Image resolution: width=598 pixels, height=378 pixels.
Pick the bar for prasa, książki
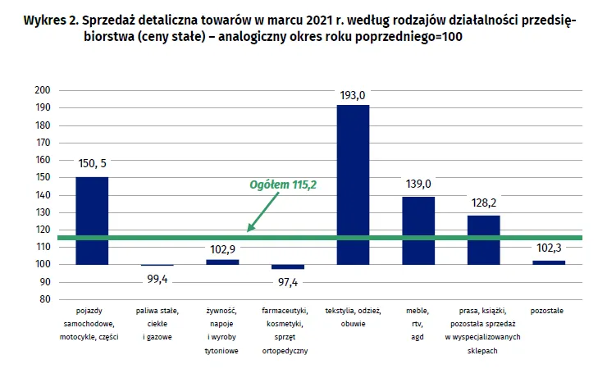click(x=483, y=239)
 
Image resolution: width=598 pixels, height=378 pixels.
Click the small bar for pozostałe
click(x=549, y=262)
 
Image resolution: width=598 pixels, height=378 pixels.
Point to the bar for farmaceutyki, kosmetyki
click(x=288, y=266)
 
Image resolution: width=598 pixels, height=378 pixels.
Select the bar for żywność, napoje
click(x=222, y=262)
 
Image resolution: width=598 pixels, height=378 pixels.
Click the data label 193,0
click(x=353, y=95)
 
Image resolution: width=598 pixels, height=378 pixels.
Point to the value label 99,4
click(x=157, y=280)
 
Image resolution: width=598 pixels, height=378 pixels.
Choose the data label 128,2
click(x=483, y=202)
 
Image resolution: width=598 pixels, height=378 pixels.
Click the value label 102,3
click(x=549, y=248)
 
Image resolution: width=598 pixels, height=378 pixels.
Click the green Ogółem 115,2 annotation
click(x=283, y=185)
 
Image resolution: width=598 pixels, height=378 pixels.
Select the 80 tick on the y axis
click(x=44, y=299)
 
